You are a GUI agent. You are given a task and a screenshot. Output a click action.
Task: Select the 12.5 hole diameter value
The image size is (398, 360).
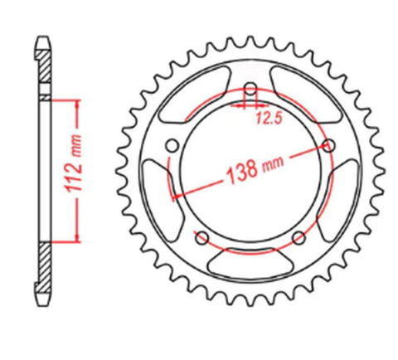(265, 119)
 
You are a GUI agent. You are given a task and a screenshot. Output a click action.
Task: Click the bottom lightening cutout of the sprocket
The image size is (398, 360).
(249, 263)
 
